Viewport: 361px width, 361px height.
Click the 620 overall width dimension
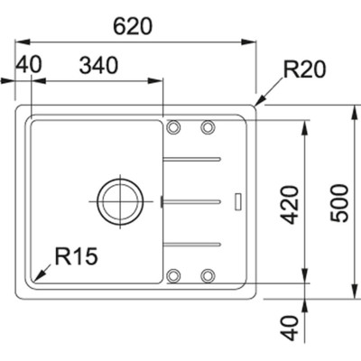[132, 26]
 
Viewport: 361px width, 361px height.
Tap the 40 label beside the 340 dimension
[29, 65]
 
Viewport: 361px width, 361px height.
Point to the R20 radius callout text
[302, 69]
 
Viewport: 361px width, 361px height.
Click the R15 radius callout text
[75, 256]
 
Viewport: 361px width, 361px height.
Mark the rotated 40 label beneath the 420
[289, 326]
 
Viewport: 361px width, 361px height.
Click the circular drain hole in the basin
[119, 200]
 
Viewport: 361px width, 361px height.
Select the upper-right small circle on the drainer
[208, 126]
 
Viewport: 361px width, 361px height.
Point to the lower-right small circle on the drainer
[208, 274]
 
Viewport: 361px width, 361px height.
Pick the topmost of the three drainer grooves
[191, 160]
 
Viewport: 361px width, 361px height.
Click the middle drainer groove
[191, 200]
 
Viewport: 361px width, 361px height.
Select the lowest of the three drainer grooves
[191, 242]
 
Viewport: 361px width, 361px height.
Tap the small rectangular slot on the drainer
[236, 200]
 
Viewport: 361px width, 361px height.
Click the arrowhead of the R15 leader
[34, 278]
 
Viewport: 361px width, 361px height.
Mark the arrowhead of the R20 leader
[258, 104]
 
